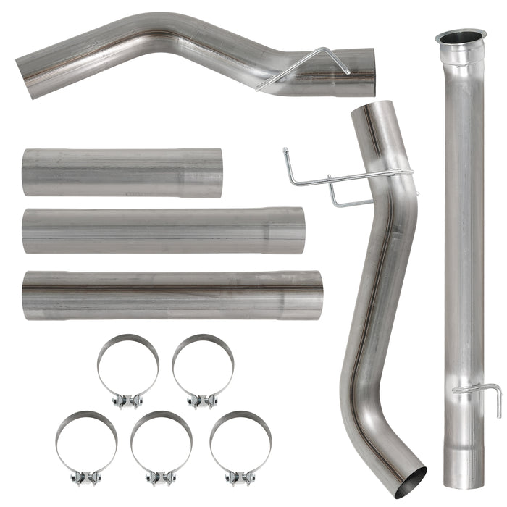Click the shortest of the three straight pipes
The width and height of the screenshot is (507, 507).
[122, 172]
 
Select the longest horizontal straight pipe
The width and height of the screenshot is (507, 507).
[172, 295]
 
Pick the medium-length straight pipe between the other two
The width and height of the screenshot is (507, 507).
[163, 231]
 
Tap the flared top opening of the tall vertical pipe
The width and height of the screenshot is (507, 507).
[461, 36]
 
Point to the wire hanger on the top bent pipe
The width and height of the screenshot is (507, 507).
[304, 67]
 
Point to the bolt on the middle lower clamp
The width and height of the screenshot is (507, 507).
[161, 478]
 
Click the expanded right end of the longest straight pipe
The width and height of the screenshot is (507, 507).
[303, 295]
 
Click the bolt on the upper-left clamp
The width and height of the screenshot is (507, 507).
[128, 401]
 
